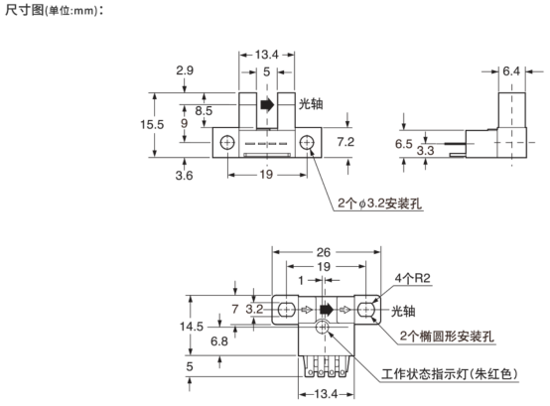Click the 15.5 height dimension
click(x=152, y=124)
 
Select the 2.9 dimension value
click(x=185, y=70)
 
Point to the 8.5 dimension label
click(x=204, y=111)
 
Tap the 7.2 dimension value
click(x=345, y=142)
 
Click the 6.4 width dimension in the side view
click(x=511, y=71)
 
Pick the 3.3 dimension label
click(x=425, y=151)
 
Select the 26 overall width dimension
click(x=324, y=252)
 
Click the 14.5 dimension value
click(x=192, y=327)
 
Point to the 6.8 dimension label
click(x=219, y=341)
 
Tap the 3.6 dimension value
click(x=184, y=175)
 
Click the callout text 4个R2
click(x=413, y=278)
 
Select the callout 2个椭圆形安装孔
click(x=447, y=337)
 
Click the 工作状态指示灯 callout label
click(x=425, y=374)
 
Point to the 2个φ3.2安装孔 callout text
click(x=379, y=203)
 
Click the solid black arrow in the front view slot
click(x=267, y=104)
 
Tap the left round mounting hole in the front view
click(x=227, y=142)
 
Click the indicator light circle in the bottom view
click(x=323, y=328)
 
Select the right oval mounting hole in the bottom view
click(x=366, y=310)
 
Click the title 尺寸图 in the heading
click(x=24, y=10)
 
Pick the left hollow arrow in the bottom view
click(x=306, y=310)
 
